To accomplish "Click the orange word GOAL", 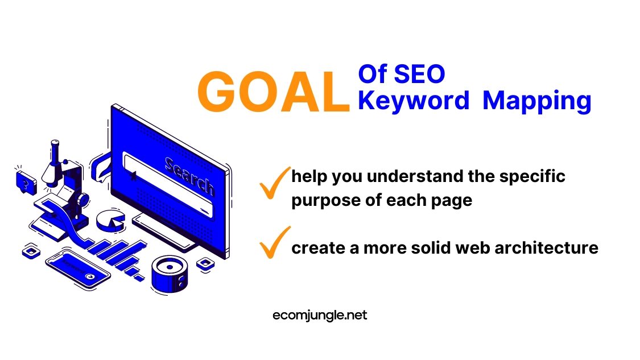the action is click(x=274, y=92).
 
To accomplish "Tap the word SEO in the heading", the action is click(x=419, y=74).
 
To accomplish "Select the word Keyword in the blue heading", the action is click(x=414, y=100).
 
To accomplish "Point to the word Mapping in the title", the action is click(x=536, y=101).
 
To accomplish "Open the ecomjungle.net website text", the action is click(x=320, y=315).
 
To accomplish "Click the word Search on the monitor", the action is click(x=189, y=176).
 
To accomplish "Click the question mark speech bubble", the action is click(x=26, y=182).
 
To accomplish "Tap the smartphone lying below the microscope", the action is click(x=77, y=269).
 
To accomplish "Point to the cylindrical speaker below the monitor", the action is click(x=170, y=274).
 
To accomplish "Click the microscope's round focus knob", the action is click(x=82, y=200).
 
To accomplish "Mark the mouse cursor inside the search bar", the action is click(x=133, y=176).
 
